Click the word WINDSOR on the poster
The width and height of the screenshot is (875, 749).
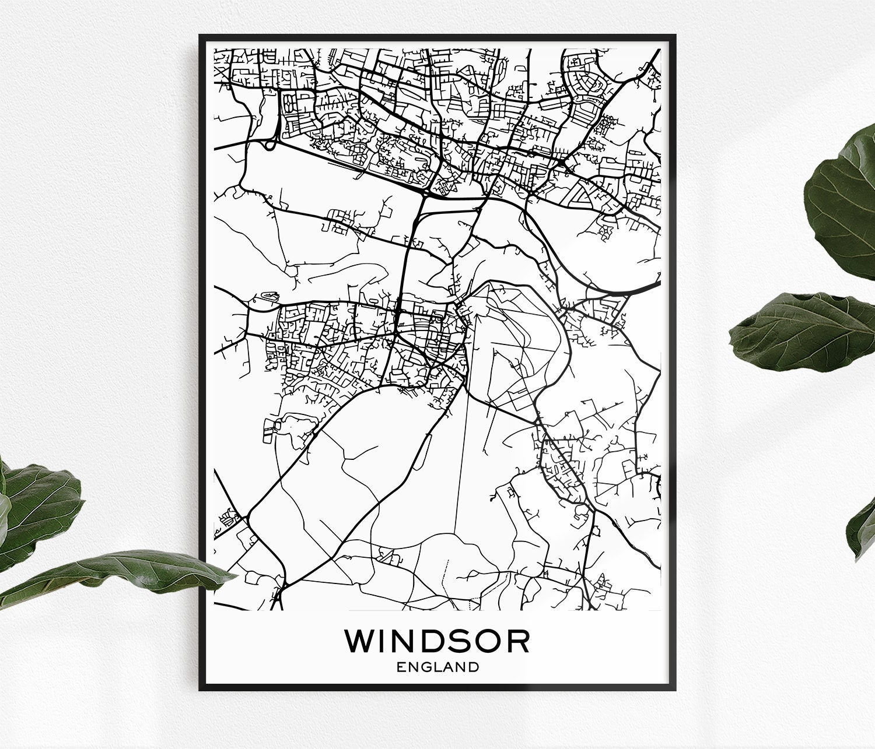(437, 641)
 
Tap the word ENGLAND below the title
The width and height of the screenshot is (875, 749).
(437, 667)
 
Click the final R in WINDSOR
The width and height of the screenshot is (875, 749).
(518, 641)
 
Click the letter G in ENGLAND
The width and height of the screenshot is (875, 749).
(426, 667)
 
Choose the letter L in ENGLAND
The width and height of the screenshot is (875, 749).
(438, 667)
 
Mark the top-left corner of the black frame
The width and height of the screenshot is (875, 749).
(200, 36)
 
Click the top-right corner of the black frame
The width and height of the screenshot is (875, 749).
(675, 36)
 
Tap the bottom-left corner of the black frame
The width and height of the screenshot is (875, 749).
(200, 690)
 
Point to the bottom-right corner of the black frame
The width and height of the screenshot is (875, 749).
(675, 690)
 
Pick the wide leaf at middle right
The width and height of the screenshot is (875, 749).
(805, 332)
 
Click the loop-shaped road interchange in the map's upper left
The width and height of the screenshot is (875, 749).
(269, 144)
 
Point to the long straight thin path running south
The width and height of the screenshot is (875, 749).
(461, 495)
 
